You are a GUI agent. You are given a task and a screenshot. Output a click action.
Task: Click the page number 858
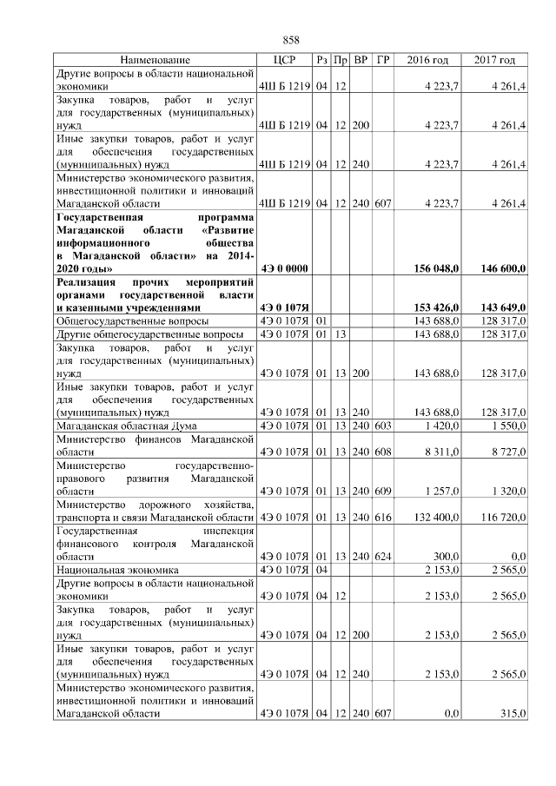coord(291,40)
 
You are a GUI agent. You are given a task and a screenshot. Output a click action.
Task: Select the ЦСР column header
coord(285,60)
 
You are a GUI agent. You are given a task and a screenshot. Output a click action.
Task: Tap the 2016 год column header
coord(427,60)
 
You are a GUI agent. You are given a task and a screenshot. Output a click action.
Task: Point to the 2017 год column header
coord(494,60)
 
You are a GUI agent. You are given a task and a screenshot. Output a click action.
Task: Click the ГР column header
coord(383,60)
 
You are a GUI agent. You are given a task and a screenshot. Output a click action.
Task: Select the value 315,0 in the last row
coord(513,713)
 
